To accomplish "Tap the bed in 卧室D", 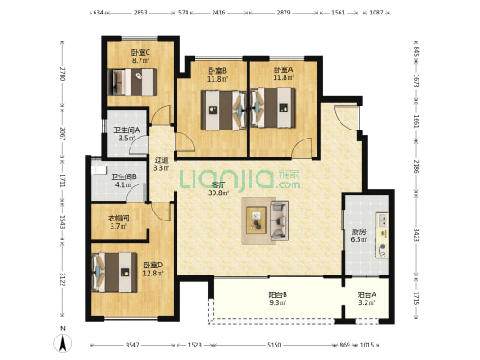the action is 113,272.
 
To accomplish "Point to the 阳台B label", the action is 277,295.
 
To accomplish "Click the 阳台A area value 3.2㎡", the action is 367,302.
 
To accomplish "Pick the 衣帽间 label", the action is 119,219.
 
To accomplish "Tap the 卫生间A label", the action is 127,130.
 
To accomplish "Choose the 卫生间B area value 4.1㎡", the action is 123,184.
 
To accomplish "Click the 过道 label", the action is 161,160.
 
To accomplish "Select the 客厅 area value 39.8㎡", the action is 219,193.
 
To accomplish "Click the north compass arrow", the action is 63,343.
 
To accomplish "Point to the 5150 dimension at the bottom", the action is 275,345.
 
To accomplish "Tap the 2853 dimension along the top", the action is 140,13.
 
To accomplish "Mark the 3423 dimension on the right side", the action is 416,235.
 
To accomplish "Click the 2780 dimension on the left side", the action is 62,74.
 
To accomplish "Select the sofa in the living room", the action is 280,220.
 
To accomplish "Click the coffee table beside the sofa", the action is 256,220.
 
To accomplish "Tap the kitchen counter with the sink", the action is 383,236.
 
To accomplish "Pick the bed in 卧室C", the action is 132,82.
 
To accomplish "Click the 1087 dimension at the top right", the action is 376,13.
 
